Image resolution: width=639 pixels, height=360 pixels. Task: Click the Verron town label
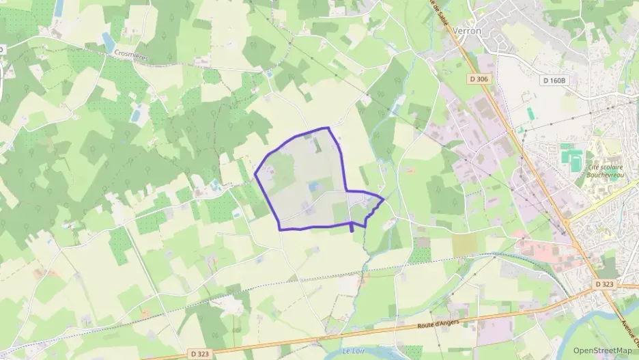pyautogui.click(x=467, y=31)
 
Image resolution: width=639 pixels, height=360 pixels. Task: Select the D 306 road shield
pyautogui.click(x=479, y=79)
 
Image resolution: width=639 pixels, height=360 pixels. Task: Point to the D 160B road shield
pyautogui.click(x=554, y=81)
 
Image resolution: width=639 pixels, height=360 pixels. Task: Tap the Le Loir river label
pyautogui.click(x=355, y=350)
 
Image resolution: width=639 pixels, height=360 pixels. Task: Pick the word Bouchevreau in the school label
pyautogui.click(x=607, y=174)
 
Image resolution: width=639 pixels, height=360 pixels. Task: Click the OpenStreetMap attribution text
pyautogui.click(x=603, y=350)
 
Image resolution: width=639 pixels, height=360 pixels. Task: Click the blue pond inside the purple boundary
pyautogui.click(x=313, y=186)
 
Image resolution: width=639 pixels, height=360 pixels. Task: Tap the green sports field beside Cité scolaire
pyautogui.click(x=568, y=156)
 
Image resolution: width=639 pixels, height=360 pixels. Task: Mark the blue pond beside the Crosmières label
pyautogui.click(x=108, y=42)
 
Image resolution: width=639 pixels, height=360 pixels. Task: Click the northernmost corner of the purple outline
pyautogui.click(x=329, y=128)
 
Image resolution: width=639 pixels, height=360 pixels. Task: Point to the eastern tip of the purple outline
pyautogui.click(x=384, y=199)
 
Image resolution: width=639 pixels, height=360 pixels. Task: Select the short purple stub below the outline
pyautogui.click(x=352, y=227)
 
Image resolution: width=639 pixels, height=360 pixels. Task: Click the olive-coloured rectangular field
pyautogui.click(x=464, y=245)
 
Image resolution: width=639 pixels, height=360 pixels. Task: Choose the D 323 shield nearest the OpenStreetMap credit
pyautogui.click(x=604, y=283)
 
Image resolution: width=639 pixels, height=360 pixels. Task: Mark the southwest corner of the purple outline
pyautogui.click(x=281, y=229)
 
